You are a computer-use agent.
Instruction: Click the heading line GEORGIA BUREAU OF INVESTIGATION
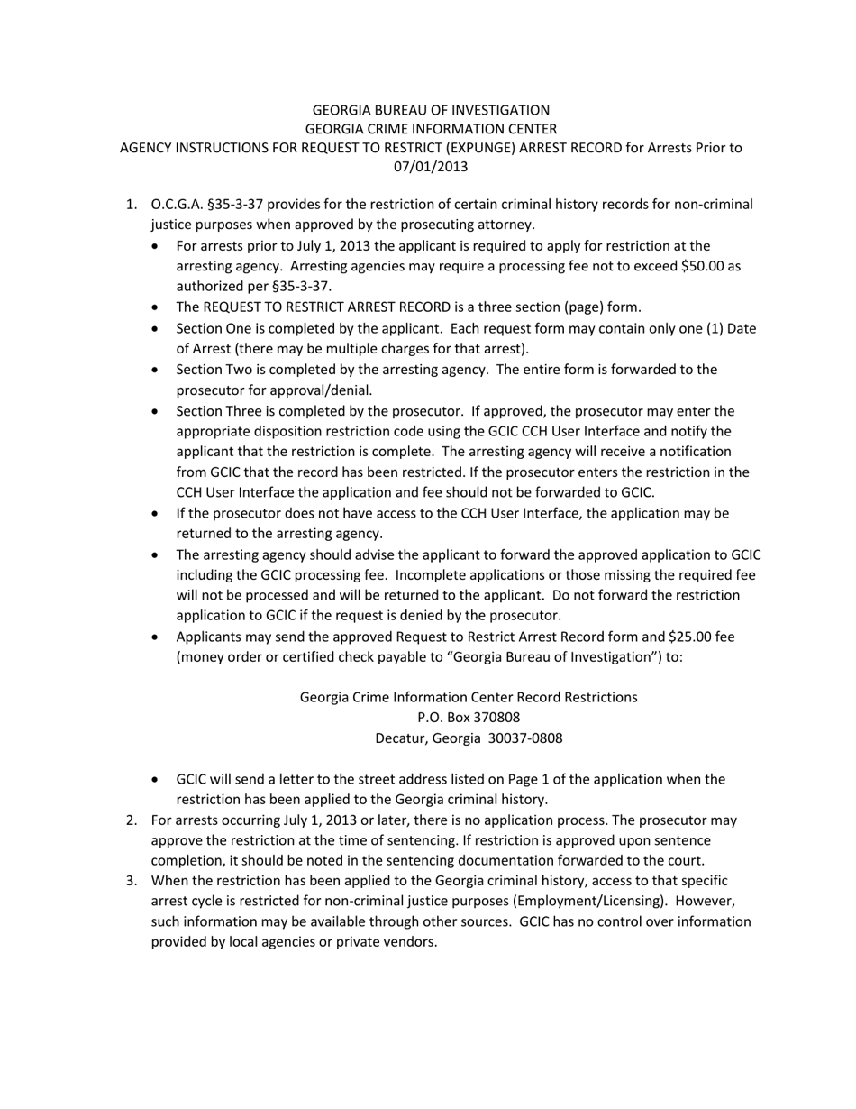431,109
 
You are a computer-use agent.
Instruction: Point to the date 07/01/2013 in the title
431,166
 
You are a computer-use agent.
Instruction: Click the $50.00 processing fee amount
696,266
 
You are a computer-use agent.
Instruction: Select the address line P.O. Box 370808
469,718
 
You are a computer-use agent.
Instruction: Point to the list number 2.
132,820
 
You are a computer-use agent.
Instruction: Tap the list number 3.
132,881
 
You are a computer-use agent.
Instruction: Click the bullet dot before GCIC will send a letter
159,780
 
